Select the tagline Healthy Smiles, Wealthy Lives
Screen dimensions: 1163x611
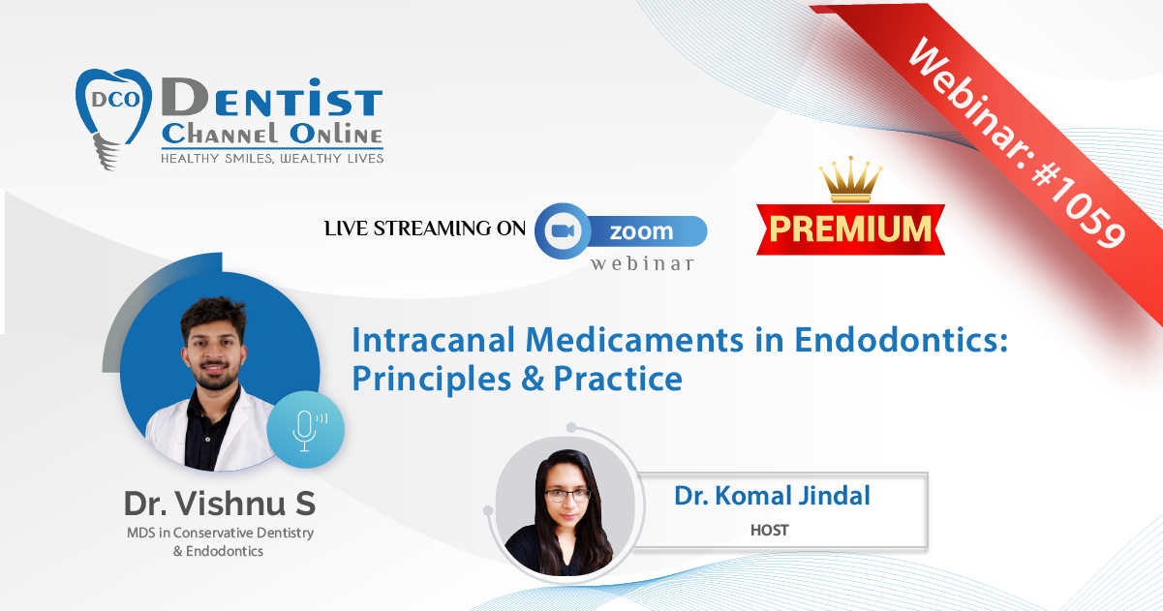point(272,159)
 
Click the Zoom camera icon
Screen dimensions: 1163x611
point(563,230)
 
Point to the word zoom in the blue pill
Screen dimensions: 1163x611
point(641,231)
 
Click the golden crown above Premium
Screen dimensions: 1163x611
point(850,179)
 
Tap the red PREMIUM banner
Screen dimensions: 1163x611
point(850,229)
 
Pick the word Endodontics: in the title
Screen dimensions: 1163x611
point(902,341)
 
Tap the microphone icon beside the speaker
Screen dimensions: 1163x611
point(306,430)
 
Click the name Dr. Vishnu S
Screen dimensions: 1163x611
point(220,504)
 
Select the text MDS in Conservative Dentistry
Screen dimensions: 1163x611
point(220,534)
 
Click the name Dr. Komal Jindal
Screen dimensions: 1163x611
point(772,496)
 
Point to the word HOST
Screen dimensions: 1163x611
point(770,531)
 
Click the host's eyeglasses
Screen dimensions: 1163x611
point(567,495)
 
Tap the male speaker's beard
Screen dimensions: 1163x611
point(214,377)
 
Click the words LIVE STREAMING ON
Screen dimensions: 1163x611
point(425,229)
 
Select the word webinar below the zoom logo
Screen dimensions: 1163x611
point(642,263)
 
